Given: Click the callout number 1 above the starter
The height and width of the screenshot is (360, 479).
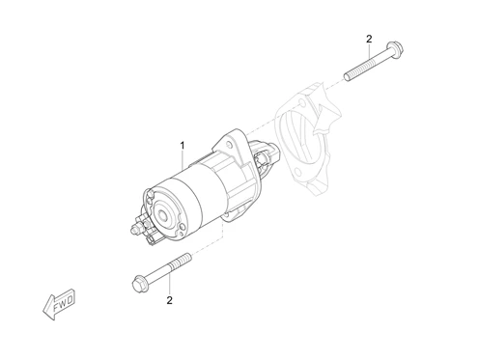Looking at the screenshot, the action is click(x=183, y=146).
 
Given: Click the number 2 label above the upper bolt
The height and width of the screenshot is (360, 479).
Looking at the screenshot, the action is click(x=369, y=40).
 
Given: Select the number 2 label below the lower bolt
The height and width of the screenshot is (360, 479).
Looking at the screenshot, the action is click(x=169, y=300).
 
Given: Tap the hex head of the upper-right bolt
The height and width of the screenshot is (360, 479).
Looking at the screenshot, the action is click(x=395, y=48).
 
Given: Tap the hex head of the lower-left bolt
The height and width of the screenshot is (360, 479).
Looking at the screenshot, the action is click(x=140, y=284).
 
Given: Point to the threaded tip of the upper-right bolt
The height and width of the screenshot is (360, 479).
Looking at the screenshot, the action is click(x=347, y=77).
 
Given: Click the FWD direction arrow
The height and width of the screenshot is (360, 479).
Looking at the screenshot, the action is click(x=59, y=303).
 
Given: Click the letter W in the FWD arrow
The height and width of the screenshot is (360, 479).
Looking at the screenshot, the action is click(x=63, y=303).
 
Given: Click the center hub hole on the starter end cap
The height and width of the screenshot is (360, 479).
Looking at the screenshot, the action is click(x=162, y=214).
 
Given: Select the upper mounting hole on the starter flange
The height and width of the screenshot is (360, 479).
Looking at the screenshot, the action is click(x=230, y=144).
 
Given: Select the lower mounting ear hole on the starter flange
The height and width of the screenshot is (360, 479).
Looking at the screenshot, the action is click(x=226, y=213).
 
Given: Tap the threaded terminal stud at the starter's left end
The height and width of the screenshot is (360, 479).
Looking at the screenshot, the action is click(x=134, y=229).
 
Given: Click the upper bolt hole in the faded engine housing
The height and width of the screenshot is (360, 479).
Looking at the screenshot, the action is click(x=302, y=103).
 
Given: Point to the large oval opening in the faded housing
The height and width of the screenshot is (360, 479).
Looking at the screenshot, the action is click(x=297, y=139).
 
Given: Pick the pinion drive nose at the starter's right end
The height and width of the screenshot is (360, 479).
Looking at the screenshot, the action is click(x=265, y=154).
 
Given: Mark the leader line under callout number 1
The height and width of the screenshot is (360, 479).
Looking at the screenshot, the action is click(x=183, y=159).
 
